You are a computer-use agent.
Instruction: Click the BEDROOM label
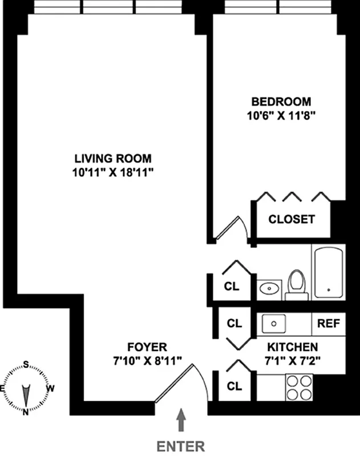pyautogui.click(x=281, y=102)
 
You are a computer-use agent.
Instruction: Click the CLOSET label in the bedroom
pyautogui.click(x=292, y=219)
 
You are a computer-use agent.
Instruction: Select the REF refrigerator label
pyautogui.click(x=329, y=323)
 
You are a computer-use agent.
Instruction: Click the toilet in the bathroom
pyautogui.click(x=296, y=283)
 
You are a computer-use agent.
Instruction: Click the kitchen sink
pyautogui.click(x=274, y=323)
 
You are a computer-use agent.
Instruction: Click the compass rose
pyautogui.click(x=26, y=389)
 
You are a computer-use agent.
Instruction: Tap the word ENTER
pyautogui.click(x=181, y=445)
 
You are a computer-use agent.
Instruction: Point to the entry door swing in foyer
pyautogui.click(x=181, y=383)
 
